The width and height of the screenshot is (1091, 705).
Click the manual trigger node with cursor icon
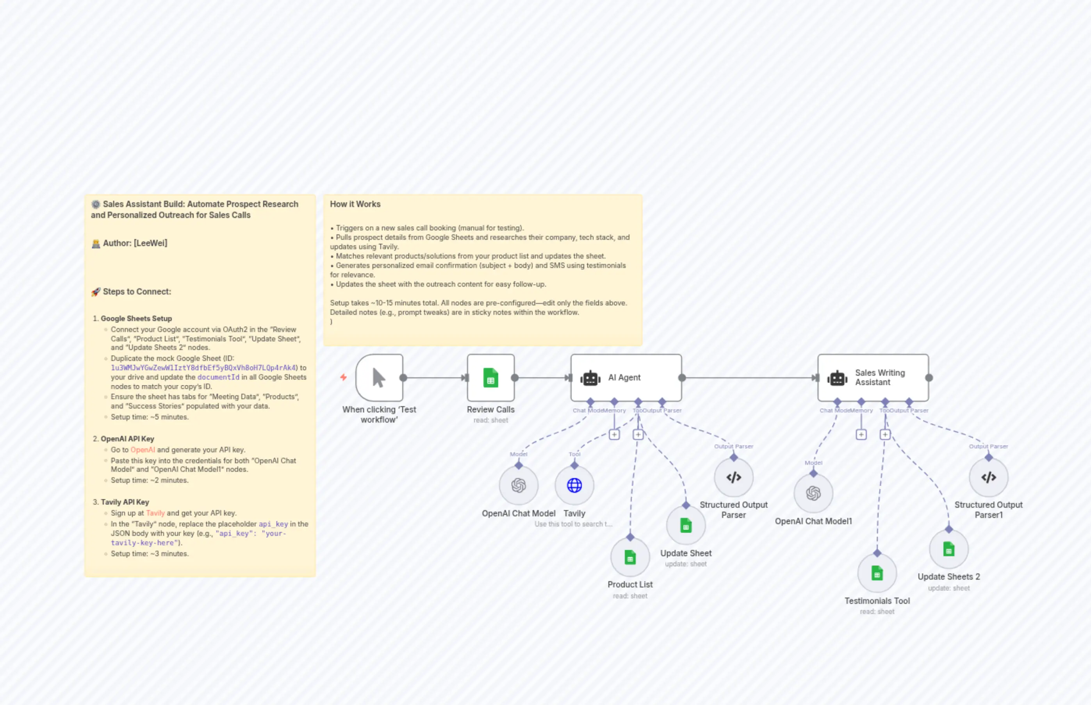[x=379, y=378]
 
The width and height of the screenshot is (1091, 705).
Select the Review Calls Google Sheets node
[x=490, y=378]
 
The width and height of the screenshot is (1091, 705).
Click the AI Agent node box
[x=626, y=378]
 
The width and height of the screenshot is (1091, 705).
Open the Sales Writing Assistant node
[x=873, y=378]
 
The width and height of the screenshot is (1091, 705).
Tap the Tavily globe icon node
[x=574, y=485]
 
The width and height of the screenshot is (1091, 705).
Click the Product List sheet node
[x=630, y=557]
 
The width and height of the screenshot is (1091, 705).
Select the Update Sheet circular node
[x=686, y=526]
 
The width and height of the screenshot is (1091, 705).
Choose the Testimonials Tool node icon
[x=877, y=573]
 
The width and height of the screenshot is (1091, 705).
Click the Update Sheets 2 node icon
[x=949, y=549]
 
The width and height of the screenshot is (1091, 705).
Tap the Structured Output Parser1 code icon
[x=988, y=477]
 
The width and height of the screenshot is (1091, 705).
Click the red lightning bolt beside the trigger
[x=343, y=377]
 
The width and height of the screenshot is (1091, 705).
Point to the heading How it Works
[x=355, y=204]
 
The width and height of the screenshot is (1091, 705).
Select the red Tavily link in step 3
[x=155, y=513]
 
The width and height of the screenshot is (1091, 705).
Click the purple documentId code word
[x=218, y=377]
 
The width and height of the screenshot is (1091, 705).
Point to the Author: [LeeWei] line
[x=135, y=243]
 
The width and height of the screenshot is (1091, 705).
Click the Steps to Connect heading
[x=136, y=292]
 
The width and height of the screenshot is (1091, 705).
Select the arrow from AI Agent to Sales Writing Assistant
[x=751, y=378]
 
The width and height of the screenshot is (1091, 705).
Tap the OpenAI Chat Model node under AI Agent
[x=519, y=485]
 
